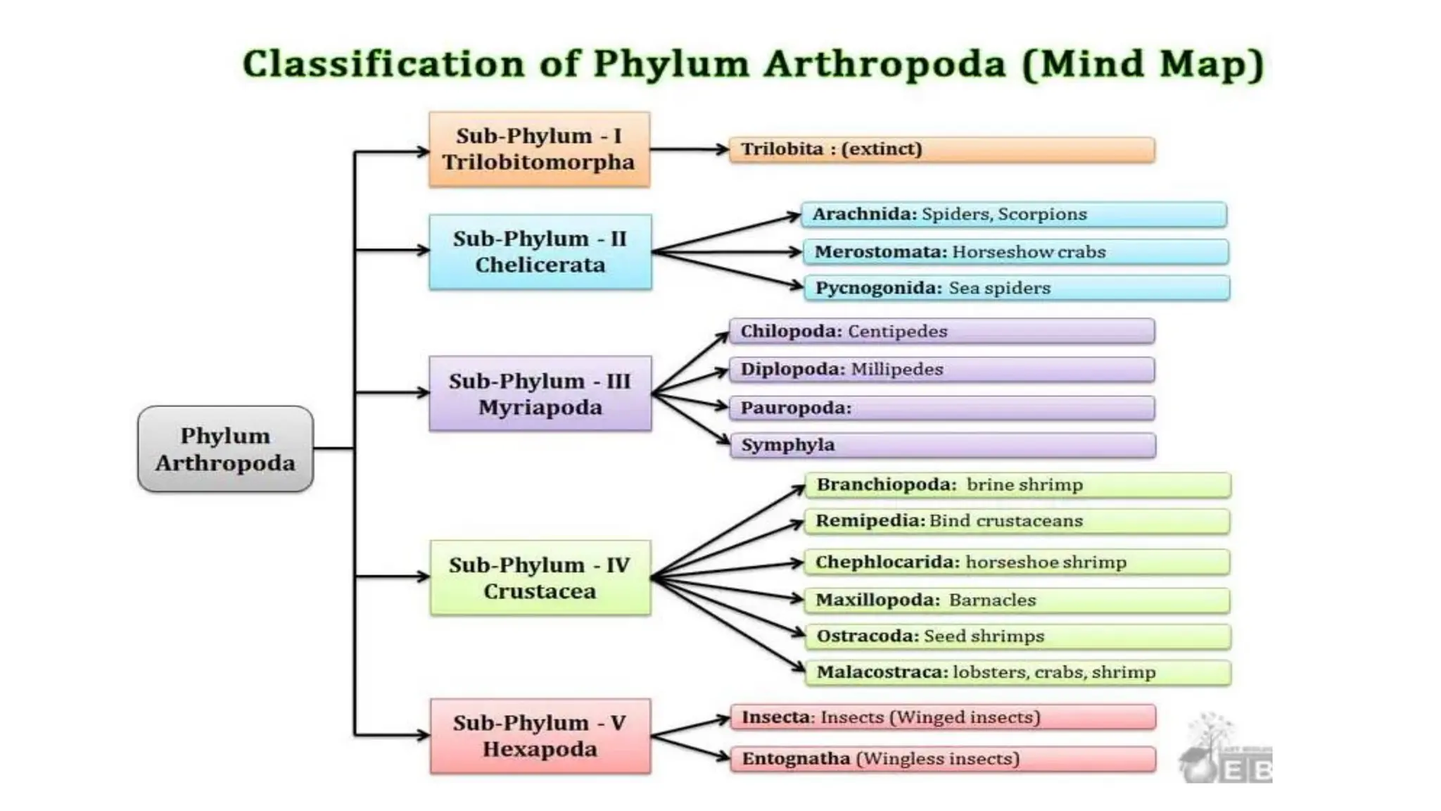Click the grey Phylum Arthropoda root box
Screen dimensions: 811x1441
(x=225, y=448)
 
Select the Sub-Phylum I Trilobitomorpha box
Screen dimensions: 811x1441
(x=539, y=149)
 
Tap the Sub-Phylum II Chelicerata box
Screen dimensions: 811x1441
(x=540, y=252)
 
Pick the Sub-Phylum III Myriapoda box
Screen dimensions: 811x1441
(x=540, y=394)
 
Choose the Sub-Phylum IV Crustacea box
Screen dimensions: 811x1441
(x=540, y=578)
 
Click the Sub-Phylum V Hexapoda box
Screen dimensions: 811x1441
(x=540, y=736)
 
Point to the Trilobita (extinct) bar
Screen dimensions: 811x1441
(x=941, y=150)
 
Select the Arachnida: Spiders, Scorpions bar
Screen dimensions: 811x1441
(x=1013, y=215)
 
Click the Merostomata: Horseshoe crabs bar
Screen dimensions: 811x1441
(x=1015, y=252)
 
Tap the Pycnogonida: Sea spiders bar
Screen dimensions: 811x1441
(x=1016, y=289)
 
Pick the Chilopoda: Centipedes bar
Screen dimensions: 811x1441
(x=941, y=332)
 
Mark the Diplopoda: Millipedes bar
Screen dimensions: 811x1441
(x=941, y=370)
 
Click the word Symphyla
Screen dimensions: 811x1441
(x=787, y=446)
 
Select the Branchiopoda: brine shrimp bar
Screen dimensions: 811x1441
(x=1017, y=485)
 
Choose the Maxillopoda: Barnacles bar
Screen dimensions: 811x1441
(x=1017, y=601)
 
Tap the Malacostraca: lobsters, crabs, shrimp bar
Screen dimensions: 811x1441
(x=1017, y=672)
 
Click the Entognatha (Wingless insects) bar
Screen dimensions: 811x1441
(x=943, y=759)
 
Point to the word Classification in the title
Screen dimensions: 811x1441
(x=383, y=64)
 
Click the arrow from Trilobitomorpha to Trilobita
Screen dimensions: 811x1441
(x=689, y=149)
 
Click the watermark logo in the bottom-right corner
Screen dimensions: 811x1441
(x=1226, y=750)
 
